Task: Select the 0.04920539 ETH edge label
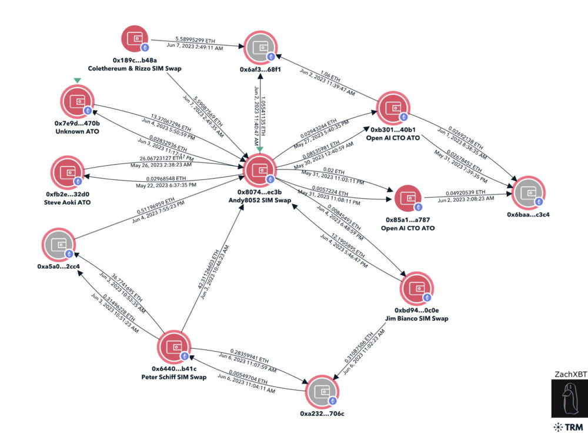(465, 192)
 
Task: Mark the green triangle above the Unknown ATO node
(77, 81)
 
